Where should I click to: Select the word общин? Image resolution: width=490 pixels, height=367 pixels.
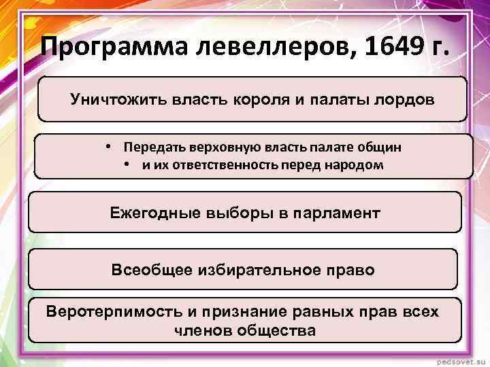381,147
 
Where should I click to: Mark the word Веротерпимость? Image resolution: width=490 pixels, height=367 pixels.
112,312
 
